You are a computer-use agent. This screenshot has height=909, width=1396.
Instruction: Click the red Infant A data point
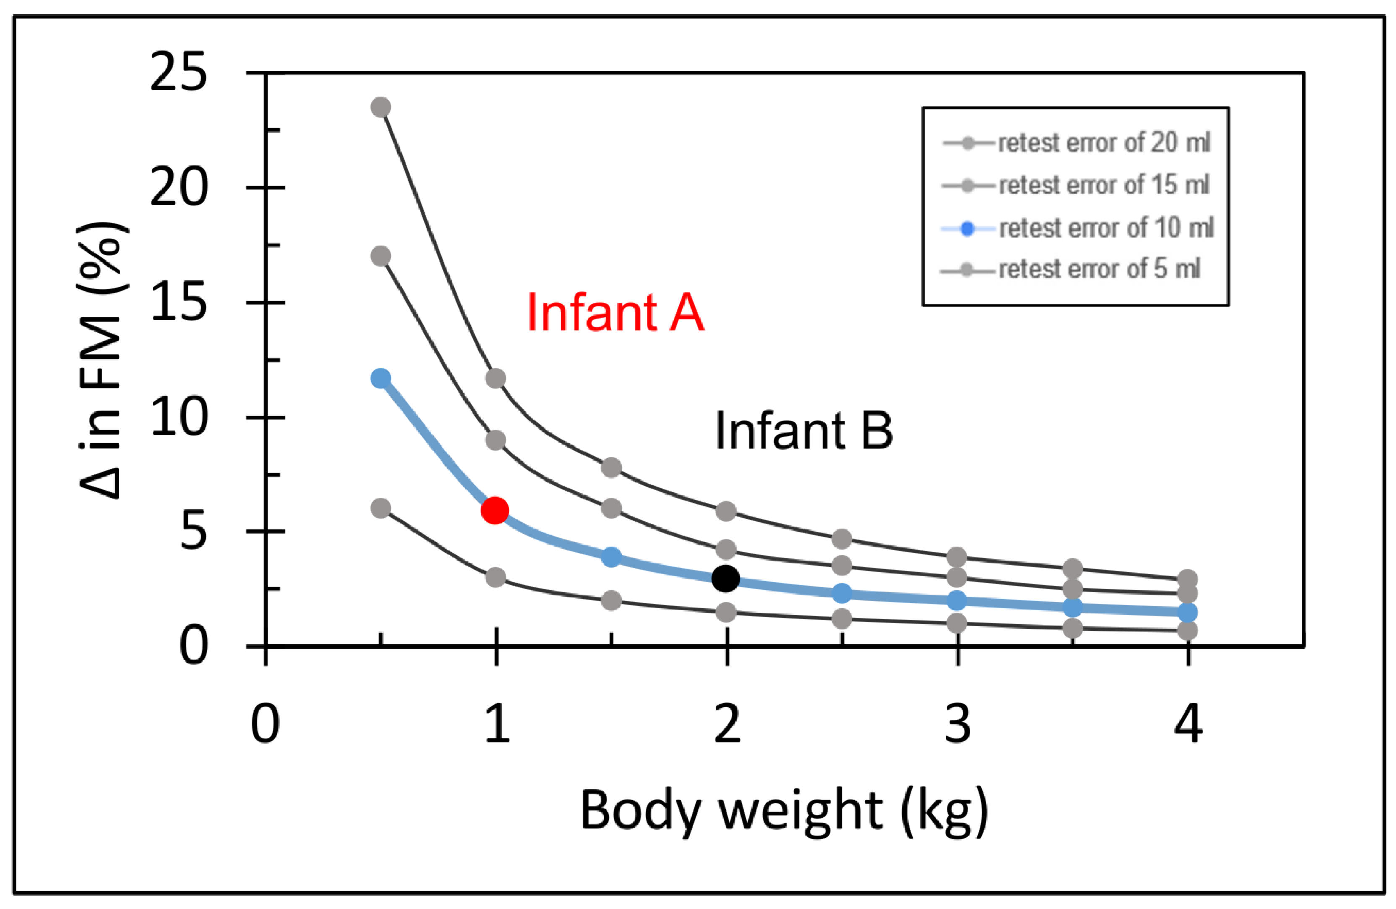coord(494,510)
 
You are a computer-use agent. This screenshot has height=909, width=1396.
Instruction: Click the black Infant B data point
coord(726,579)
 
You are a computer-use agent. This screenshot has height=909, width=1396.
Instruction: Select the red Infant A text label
coord(615,313)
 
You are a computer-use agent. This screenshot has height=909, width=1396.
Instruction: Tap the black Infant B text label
coord(804,430)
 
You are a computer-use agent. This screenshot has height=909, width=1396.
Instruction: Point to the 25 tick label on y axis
coord(179,73)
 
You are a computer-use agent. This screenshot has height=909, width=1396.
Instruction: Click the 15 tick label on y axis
coord(179,303)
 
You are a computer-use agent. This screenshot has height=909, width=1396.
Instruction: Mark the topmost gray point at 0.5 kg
coord(381,107)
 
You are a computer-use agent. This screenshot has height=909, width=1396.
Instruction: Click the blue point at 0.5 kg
coord(381,379)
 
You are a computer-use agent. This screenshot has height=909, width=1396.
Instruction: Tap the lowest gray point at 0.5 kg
coord(381,508)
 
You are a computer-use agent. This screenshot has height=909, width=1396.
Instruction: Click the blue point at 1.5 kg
coord(611,557)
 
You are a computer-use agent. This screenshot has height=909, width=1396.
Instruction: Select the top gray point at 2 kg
coord(726,511)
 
